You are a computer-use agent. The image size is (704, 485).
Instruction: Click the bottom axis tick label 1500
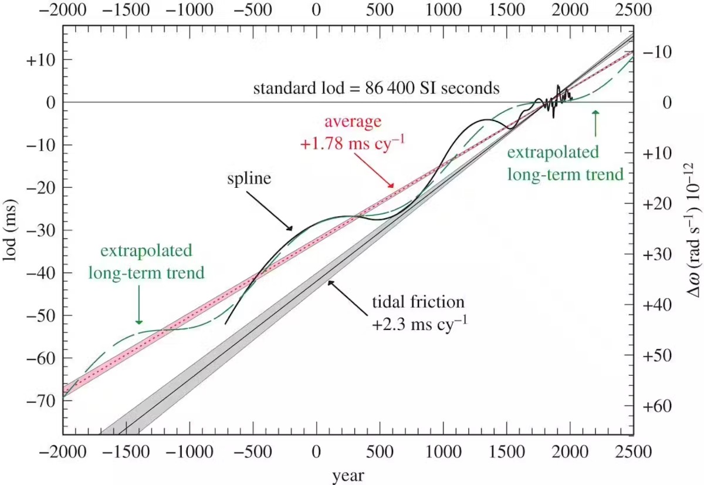click(x=506, y=453)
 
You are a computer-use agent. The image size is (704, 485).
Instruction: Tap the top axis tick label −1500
click(x=126, y=10)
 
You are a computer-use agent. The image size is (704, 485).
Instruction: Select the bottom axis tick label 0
click(x=317, y=453)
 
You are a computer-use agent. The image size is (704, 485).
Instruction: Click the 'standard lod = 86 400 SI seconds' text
click(x=376, y=89)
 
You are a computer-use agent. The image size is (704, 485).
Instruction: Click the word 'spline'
click(x=249, y=178)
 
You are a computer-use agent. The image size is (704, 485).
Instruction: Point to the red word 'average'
click(x=353, y=122)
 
